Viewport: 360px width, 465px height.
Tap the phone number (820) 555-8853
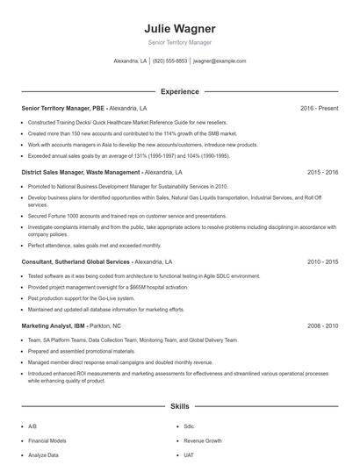pos(170,61)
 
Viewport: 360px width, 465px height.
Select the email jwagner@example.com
pos(220,61)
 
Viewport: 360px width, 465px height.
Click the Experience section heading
pos(179,91)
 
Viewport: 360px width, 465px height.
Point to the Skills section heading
pos(179,407)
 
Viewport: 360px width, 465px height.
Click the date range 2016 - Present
pos(319,108)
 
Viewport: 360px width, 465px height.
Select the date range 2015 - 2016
pos(322,173)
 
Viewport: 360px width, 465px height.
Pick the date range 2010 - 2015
pos(322,262)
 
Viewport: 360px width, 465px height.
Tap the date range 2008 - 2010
pos(322,325)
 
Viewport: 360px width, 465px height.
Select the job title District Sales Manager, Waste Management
pos(80,173)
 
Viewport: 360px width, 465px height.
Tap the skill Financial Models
pos(46,440)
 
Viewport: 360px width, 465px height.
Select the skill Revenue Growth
pos(202,440)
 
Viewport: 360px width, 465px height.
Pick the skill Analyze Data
pos(43,455)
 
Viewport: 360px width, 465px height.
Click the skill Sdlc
pos(189,426)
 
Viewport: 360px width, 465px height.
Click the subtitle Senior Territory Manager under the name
pos(179,42)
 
